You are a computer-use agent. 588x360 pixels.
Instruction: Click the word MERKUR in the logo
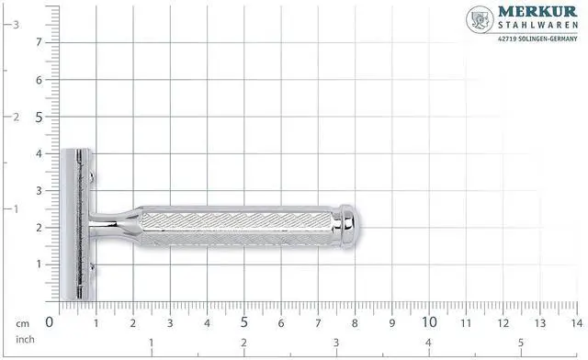[537, 11]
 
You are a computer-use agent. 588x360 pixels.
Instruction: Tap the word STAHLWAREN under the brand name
[537, 25]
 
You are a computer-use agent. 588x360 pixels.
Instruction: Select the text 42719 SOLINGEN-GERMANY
[537, 39]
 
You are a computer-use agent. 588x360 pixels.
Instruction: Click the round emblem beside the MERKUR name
[480, 19]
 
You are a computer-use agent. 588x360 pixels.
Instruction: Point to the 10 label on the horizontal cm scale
[429, 322]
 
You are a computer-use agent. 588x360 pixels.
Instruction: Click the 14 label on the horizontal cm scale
[577, 323]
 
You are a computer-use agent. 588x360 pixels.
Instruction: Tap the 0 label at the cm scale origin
[49, 322]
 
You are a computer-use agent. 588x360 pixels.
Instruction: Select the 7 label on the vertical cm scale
[39, 42]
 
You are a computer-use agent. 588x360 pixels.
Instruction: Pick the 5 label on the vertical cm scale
[39, 118]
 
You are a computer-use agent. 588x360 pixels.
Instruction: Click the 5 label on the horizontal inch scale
[521, 343]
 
